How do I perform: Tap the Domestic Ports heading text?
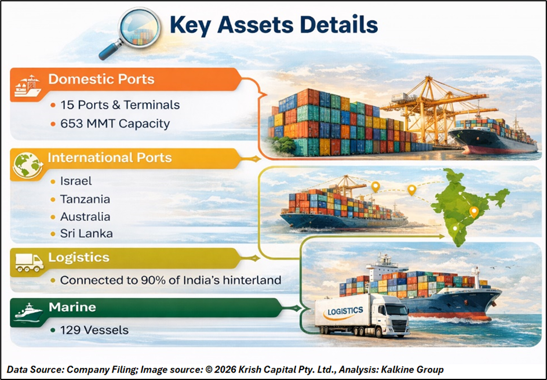(101, 79)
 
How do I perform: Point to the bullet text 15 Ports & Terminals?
(120, 105)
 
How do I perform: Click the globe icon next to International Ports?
(28, 165)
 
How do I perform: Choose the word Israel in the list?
(76, 181)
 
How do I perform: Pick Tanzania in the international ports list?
(85, 199)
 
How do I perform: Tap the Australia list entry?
(85, 216)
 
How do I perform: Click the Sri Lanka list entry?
(86, 233)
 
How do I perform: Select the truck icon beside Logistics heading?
(30, 262)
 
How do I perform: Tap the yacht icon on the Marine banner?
(28, 312)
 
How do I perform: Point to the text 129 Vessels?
(94, 330)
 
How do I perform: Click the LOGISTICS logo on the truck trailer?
(343, 313)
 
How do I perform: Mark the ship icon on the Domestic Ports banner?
(28, 86)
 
